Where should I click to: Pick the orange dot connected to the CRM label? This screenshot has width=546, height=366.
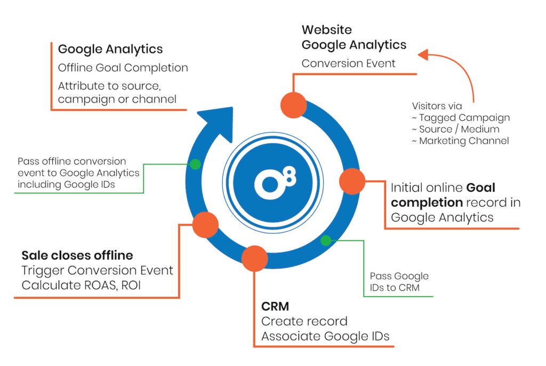click(x=255, y=258)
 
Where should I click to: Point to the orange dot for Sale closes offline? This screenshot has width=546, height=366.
click(x=205, y=224)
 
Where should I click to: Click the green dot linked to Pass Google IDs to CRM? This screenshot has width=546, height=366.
click(x=325, y=240)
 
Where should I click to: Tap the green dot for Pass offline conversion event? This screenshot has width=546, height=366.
click(x=196, y=164)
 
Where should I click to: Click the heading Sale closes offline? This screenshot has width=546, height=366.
click(x=77, y=255)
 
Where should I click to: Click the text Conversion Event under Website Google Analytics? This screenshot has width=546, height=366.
click(x=348, y=63)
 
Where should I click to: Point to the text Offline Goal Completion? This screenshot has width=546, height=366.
click(x=123, y=68)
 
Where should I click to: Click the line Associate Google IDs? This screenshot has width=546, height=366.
click(x=325, y=336)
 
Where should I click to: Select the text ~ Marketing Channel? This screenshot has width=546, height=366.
click(x=460, y=141)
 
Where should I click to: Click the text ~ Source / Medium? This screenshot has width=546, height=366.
click(x=455, y=129)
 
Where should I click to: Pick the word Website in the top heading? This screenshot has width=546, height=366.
click(x=326, y=30)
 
